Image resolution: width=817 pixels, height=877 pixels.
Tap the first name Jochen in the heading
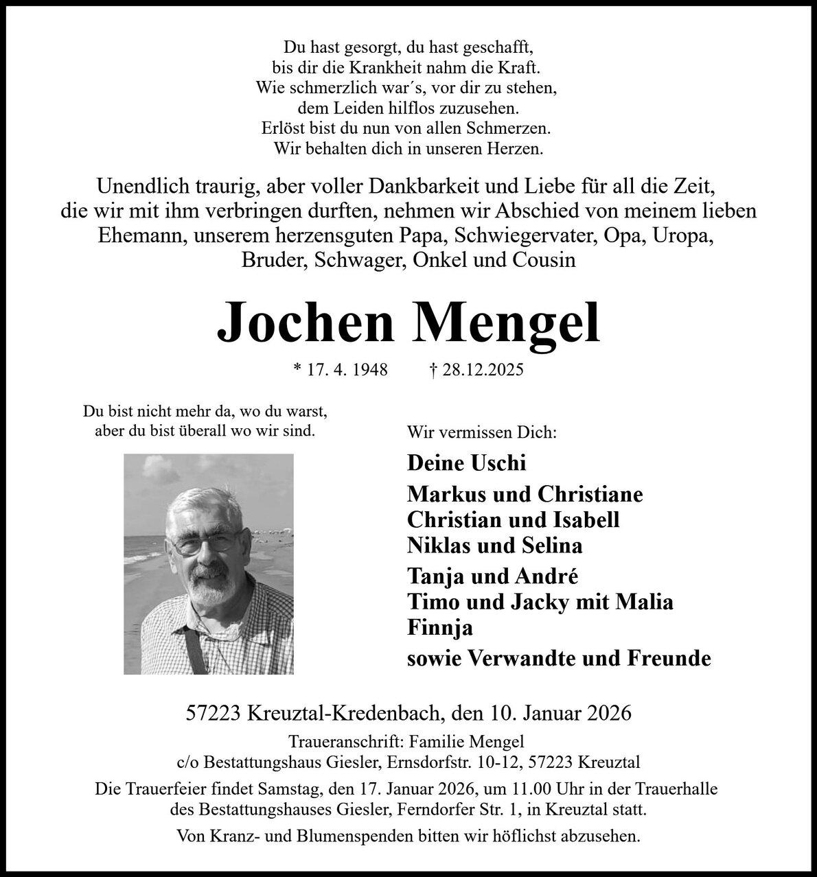(306, 323)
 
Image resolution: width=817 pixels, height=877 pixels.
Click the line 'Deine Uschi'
(466, 463)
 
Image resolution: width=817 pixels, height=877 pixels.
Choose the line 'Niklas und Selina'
(494, 546)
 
